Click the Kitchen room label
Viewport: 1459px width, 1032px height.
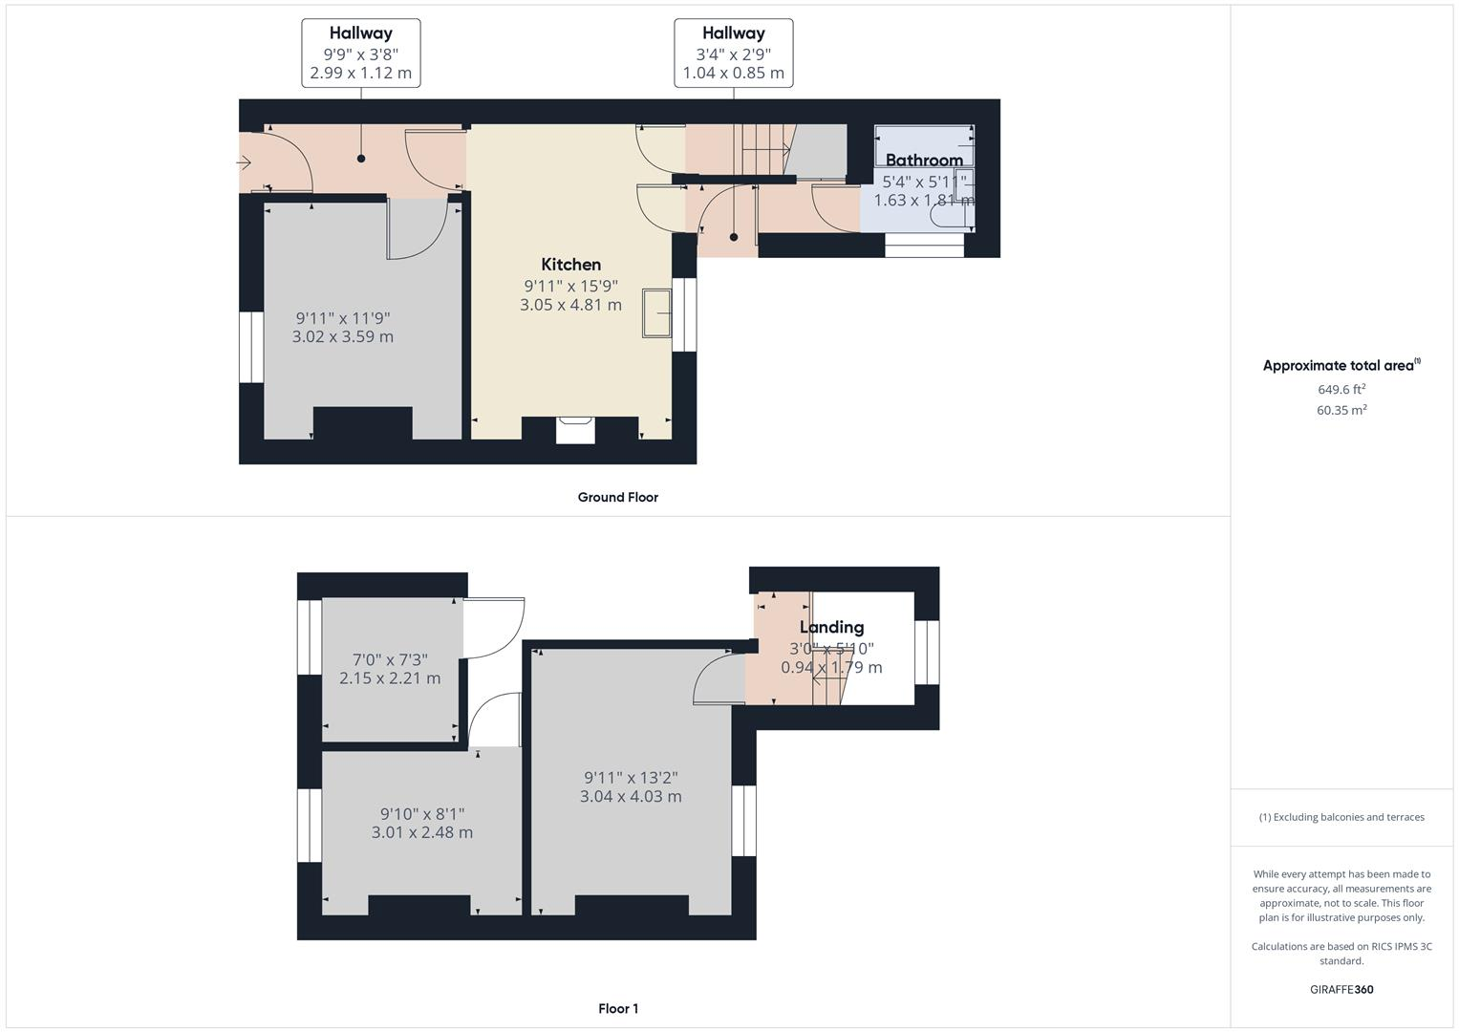pyautogui.click(x=570, y=265)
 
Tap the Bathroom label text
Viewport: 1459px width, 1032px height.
pyautogui.click(x=923, y=160)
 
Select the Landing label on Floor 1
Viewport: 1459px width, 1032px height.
pyautogui.click(x=831, y=627)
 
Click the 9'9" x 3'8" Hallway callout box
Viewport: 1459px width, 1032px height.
pyautogui.click(x=361, y=53)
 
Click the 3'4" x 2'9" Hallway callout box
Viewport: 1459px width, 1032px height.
pyautogui.click(x=733, y=53)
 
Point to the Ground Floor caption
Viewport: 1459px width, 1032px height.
pyautogui.click(x=617, y=497)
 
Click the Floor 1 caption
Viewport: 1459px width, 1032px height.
pyautogui.click(x=617, y=1008)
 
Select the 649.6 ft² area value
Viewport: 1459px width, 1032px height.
pyautogui.click(x=1341, y=389)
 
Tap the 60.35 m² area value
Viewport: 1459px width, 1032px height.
pyautogui.click(x=1341, y=410)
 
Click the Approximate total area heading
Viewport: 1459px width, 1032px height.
pyautogui.click(x=1341, y=365)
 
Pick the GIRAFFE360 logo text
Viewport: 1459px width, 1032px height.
pyautogui.click(x=1341, y=989)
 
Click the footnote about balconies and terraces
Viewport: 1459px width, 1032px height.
pyautogui.click(x=1341, y=817)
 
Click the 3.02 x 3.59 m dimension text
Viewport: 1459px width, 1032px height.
pyautogui.click(x=342, y=336)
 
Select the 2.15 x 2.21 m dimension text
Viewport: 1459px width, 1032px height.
pyautogui.click(x=390, y=678)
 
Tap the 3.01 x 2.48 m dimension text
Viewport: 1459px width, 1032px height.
pyautogui.click(x=421, y=832)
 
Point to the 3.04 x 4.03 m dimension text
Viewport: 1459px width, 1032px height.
pyautogui.click(x=631, y=796)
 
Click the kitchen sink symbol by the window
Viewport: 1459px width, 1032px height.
pyautogui.click(x=656, y=312)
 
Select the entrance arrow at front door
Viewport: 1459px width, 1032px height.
pyautogui.click(x=245, y=163)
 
